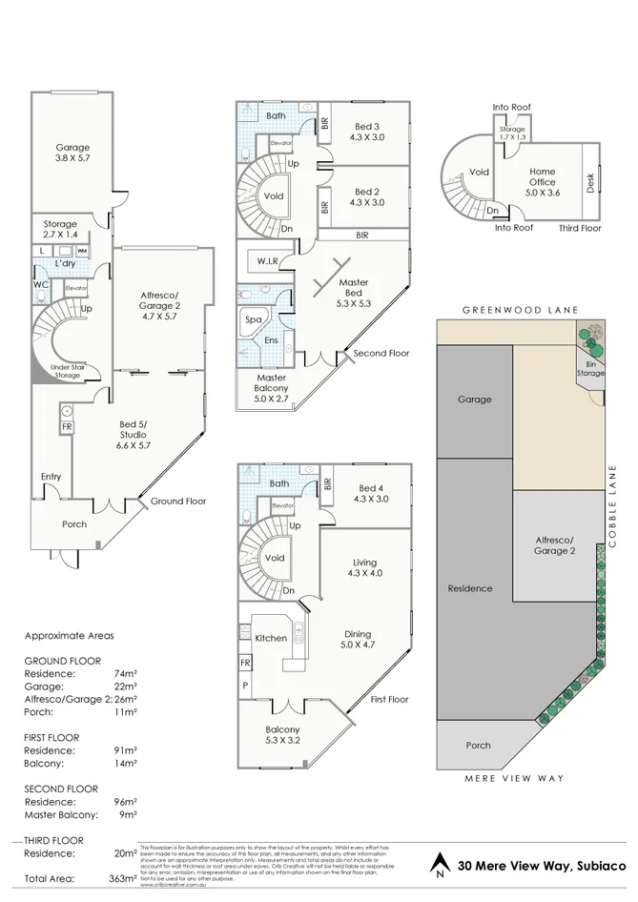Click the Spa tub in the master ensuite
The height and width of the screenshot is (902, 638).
[254, 319]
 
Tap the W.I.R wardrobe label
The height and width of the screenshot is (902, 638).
[266, 260]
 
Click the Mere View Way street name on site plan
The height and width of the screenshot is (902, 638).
[514, 779]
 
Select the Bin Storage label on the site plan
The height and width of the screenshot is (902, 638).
[590, 368]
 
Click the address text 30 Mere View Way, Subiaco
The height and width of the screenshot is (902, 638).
[541, 867]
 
